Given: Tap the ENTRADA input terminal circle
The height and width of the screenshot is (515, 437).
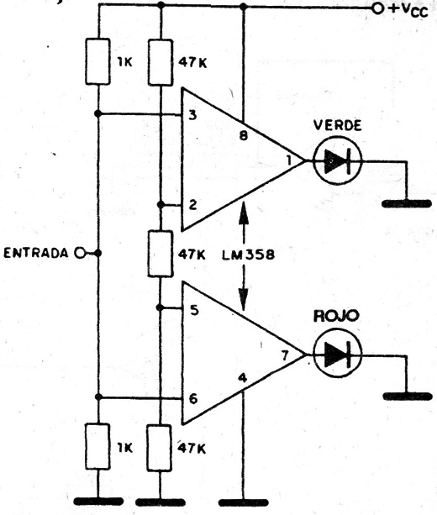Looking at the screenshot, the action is pos(80,253).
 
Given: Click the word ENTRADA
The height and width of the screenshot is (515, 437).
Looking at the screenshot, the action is pos(36,253).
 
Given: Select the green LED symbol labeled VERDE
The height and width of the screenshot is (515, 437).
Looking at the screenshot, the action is pos(338,161).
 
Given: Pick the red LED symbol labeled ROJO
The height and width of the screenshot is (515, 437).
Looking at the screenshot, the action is pos(338,355).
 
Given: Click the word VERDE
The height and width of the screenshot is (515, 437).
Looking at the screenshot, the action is pos(338,125).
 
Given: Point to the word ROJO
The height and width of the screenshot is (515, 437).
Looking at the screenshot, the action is pos(336,316).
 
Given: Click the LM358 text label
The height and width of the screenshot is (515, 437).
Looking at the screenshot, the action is pos(248,255).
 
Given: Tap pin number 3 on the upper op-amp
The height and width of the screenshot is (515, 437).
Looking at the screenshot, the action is pos(193,115).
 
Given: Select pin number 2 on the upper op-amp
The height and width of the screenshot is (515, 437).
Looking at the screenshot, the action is pos(193,205).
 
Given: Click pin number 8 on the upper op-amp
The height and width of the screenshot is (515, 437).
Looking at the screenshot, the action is pos(244,135).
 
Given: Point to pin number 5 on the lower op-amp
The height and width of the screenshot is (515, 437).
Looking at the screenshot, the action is pos(194,310).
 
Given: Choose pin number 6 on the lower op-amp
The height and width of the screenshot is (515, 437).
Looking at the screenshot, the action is pos(193,399).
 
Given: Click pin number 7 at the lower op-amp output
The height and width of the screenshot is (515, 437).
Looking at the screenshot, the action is pos(285,355).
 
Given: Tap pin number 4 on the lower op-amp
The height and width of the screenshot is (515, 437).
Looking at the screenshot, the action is pos(243,378).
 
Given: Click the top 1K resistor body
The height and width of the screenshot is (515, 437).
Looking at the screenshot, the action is pos(98,61).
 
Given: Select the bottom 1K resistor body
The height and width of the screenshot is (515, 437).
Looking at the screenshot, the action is pos(97,446).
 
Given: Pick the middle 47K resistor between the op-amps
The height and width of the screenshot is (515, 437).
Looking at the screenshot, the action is pos(161,254).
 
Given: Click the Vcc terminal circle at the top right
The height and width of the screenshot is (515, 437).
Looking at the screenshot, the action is pos(378,8).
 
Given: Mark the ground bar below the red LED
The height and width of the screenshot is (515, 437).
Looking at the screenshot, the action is pos(408,396).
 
